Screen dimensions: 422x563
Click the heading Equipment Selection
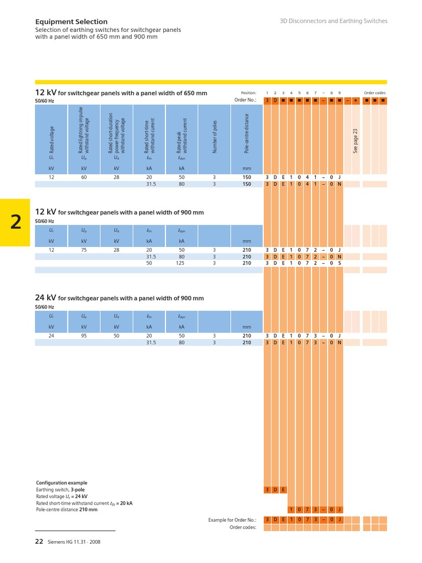coord(71,21)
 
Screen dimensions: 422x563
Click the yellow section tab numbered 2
coord(15,222)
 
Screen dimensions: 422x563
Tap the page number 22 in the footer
coord(39,542)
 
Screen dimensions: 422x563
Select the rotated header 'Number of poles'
coord(215,137)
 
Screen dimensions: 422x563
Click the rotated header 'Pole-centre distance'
coord(247,134)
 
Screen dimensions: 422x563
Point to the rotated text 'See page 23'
coord(356,141)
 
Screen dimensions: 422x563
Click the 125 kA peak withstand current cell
coord(180,263)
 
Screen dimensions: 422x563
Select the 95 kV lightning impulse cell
coord(84,336)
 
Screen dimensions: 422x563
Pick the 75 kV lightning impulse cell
coord(84,250)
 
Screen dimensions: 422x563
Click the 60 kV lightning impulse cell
coord(84,178)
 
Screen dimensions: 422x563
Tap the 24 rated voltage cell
coord(51,336)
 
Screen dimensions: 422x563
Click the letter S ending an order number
coord(340,263)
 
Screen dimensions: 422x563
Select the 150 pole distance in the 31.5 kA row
coord(247,184)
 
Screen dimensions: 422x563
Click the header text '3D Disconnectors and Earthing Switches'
coord(334,21)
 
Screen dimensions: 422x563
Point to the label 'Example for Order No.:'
coord(232,520)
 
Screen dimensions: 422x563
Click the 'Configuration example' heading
coord(62,483)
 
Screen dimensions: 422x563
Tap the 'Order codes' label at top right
coord(375,92)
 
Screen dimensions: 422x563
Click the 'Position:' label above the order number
coord(249,92)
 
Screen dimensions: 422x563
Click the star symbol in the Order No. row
coord(356,101)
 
